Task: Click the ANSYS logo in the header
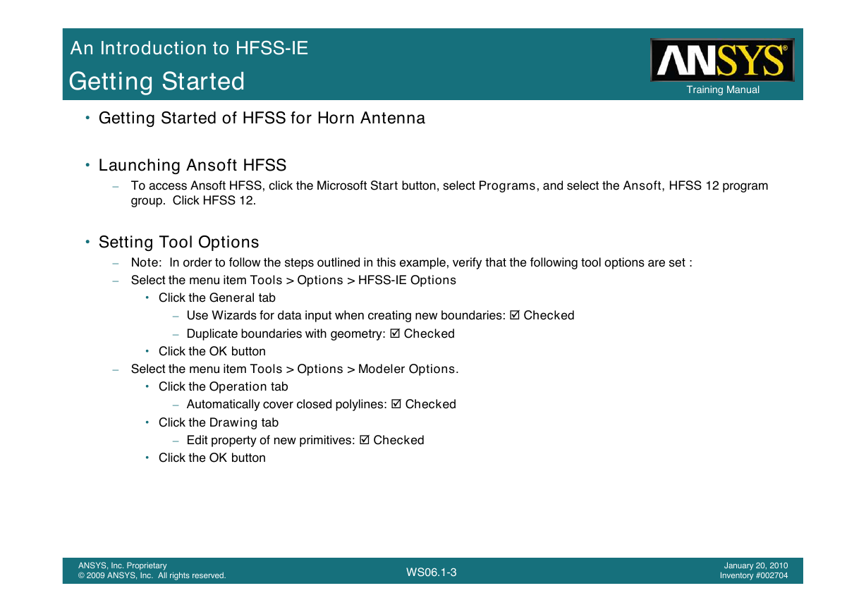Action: point(722,60)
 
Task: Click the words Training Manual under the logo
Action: point(723,90)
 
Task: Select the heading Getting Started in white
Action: point(157,82)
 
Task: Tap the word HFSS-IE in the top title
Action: point(272,49)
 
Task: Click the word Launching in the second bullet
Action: point(140,166)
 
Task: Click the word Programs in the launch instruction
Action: point(507,186)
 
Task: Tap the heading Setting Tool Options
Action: point(178,243)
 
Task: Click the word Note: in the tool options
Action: point(146,262)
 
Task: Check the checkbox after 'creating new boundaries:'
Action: point(515,315)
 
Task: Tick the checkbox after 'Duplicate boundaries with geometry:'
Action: point(395,333)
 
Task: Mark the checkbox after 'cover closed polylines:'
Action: point(396,404)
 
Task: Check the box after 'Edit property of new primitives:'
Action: point(364,440)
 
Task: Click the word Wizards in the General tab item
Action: point(234,315)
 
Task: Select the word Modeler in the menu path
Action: point(382,369)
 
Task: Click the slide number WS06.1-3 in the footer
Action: point(431,573)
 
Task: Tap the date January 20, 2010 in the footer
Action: point(756,565)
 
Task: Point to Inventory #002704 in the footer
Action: point(753,575)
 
